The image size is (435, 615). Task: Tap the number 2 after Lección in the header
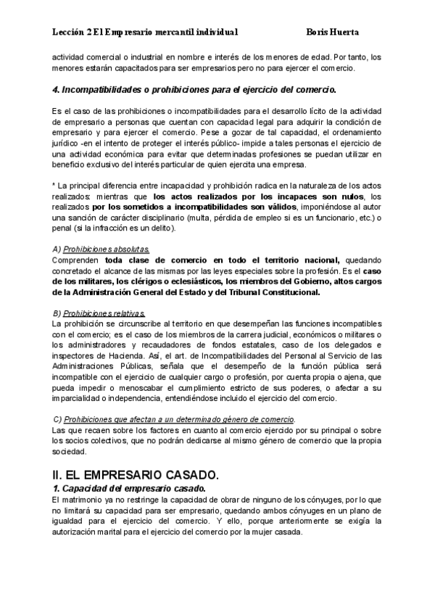click(89, 33)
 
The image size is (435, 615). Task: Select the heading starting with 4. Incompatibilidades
click(195, 90)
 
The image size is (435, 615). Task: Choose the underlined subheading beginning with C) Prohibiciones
click(175, 420)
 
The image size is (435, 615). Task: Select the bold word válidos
click(268, 207)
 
